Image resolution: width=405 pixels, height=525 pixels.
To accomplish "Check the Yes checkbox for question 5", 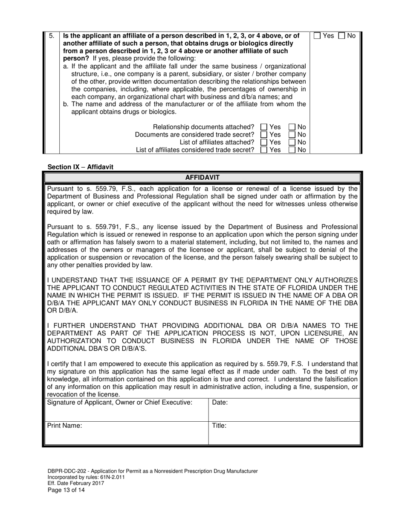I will pos(318,36).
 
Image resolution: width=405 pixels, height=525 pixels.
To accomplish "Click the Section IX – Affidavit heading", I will pos(81,167).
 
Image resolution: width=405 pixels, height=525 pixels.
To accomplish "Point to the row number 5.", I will pos(51,36).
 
